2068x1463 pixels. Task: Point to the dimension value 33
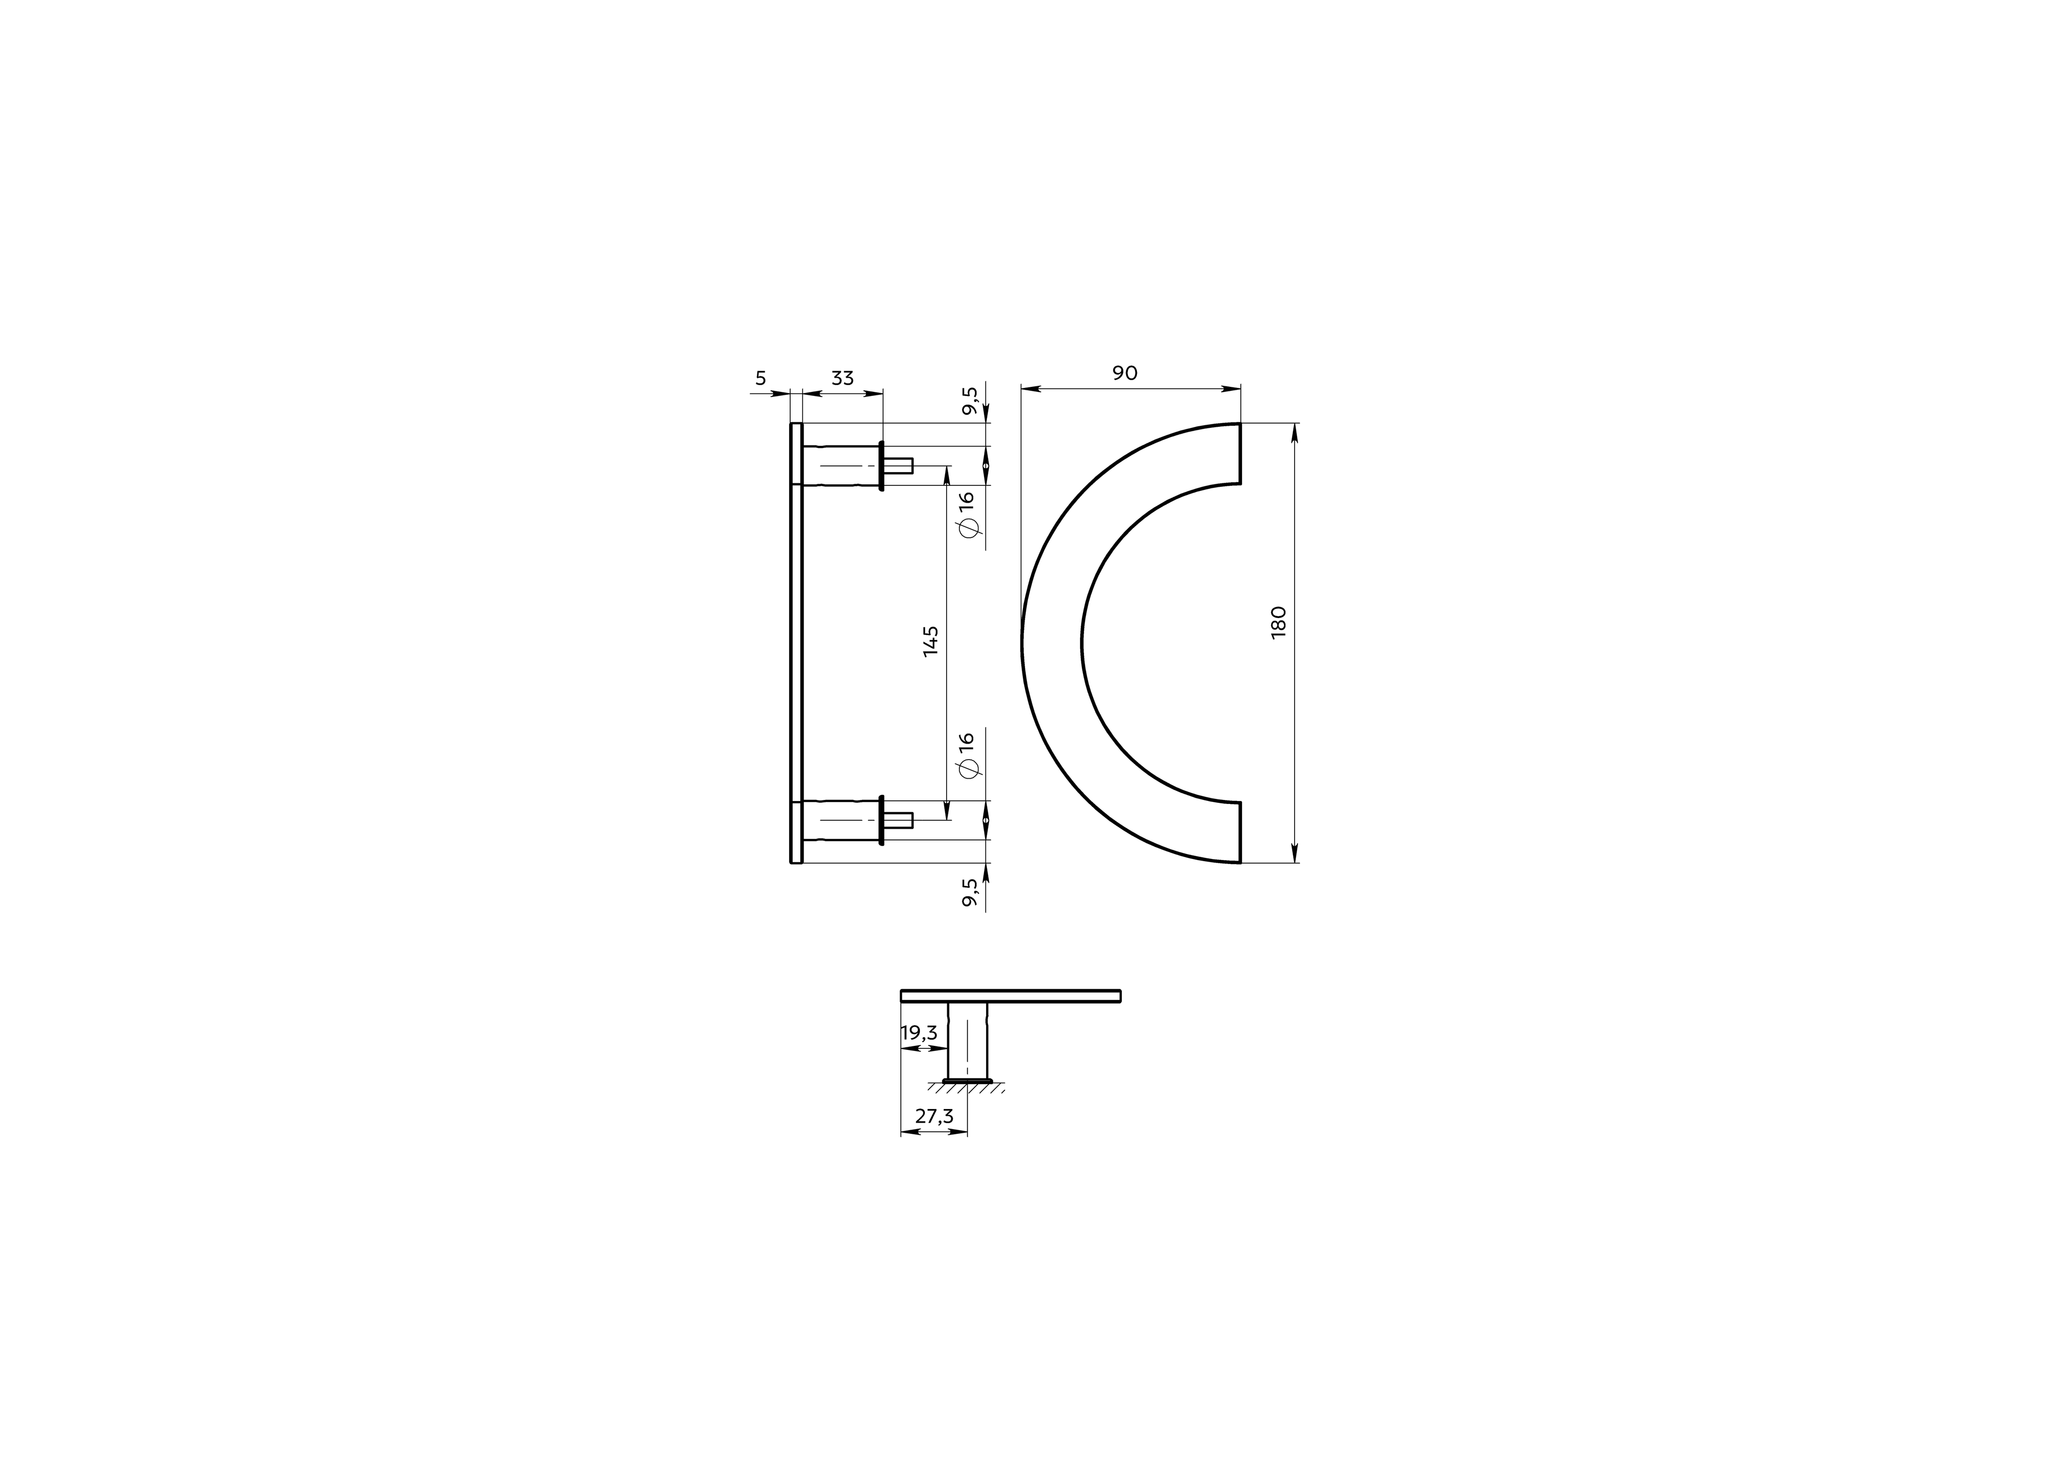click(842, 378)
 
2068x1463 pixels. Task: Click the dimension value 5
click(760, 378)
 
